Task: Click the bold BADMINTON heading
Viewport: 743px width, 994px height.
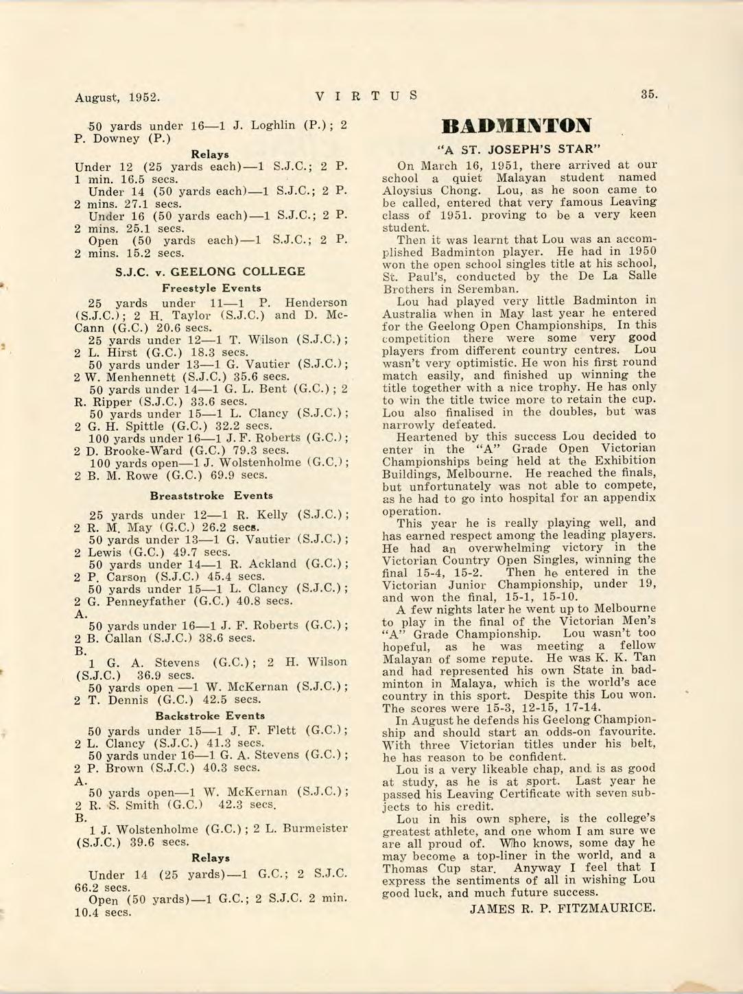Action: (516, 126)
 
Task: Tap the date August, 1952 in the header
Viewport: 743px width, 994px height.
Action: (117, 97)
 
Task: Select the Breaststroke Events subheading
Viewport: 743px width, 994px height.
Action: (211, 495)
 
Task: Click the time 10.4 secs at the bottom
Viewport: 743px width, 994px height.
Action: (102, 912)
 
